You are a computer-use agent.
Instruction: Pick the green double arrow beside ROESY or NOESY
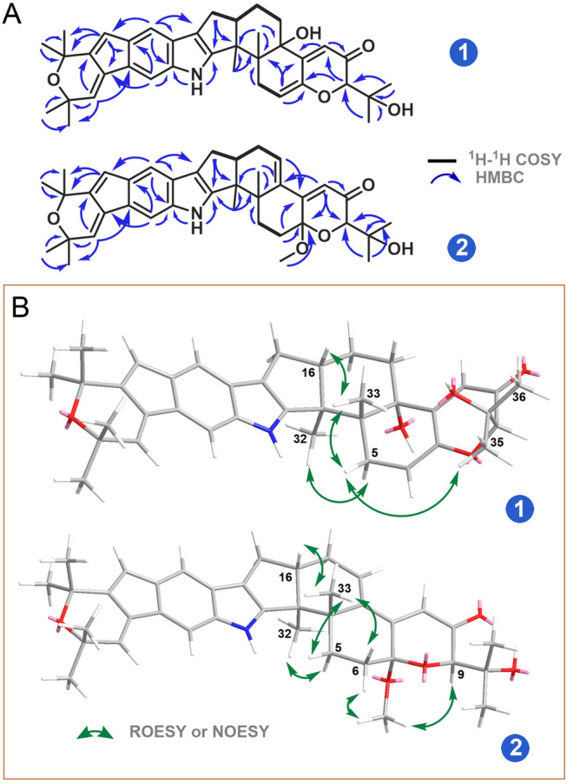point(95,734)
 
